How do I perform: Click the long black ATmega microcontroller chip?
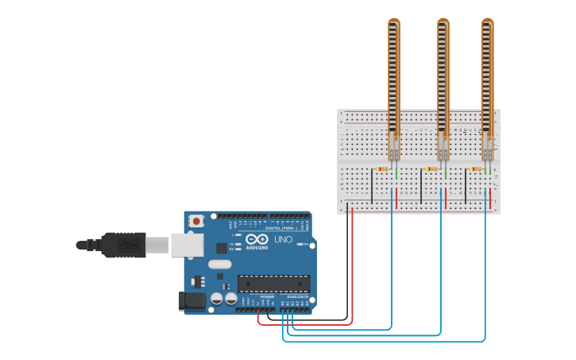(274, 284)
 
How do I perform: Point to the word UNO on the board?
(284, 239)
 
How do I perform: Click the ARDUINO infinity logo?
(257, 239)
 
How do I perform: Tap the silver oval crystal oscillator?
(220, 265)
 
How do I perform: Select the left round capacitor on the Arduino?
(216, 299)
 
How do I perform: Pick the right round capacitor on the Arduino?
(230, 299)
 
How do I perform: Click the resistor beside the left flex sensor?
(381, 168)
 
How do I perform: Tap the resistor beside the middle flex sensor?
(431, 168)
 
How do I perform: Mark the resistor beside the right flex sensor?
(475, 168)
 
